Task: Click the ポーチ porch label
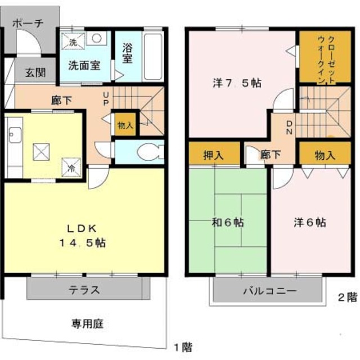[28, 24]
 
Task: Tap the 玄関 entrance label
[35, 73]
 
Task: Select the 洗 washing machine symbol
[73, 41]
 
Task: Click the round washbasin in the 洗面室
[97, 38]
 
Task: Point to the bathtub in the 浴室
[153, 57]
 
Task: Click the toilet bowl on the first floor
[150, 151]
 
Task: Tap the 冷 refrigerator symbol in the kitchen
[71, 168]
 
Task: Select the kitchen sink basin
[15, 135]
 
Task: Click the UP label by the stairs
[106, 99]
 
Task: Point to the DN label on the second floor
[290, 128]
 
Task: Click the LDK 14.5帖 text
[82, 236]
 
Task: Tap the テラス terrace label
[85, 290]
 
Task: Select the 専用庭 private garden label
[87, 324]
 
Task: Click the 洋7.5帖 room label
[237, 83]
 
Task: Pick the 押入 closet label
[214, 155]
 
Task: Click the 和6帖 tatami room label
[227, 222]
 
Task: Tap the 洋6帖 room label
[310, 222]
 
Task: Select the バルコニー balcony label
[269, 291]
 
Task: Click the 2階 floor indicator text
[348, 298]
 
